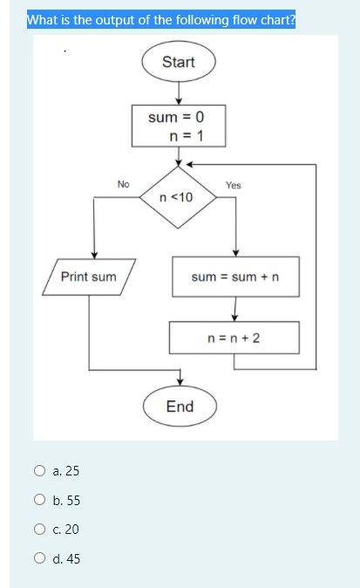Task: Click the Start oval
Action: point(179,62)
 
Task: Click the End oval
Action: point(180,407)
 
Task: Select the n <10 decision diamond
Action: point(179,197)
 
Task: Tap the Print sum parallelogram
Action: point(89,277)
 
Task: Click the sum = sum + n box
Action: point(234,277)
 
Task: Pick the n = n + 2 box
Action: point(234,337)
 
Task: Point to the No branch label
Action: point(123,184)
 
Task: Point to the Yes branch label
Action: point(233,185)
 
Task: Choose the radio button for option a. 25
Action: point(40,471)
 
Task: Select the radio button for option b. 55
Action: point(40,501)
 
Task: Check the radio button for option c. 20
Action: point(40,530)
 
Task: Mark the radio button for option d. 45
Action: point(40,558)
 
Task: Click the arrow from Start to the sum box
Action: point(179,92)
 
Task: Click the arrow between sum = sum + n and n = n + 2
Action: point(234,309)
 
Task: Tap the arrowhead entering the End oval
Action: point(180,380)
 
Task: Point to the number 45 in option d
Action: point(72,558)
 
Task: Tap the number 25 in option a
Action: point(71,471)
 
